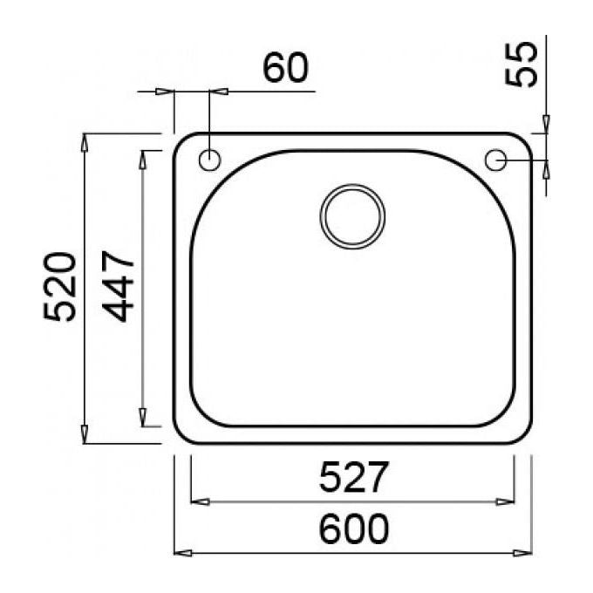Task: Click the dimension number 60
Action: pos(285,67)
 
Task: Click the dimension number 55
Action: pos(521,64)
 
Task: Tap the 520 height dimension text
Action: pos(60,287)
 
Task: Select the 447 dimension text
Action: pos(119,286)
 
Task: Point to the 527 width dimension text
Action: pos(353,476)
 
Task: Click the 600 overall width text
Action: pos(353,528)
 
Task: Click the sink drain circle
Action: pos(352,216)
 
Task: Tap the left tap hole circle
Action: pos(209,160)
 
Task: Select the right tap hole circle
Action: pos(495,160)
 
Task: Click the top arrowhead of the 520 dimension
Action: pos(85,142)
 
